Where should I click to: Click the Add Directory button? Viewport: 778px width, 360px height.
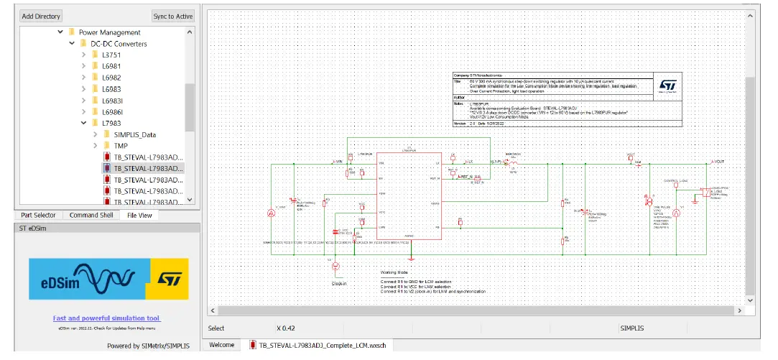[41, 16]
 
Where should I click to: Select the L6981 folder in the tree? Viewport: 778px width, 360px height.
[111, 66]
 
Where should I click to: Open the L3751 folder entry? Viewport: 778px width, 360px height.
[111, 55]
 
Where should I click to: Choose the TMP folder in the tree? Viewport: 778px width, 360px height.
[121, 146]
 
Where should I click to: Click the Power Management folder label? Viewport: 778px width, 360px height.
[109, 32]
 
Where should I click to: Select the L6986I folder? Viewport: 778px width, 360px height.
[112, 112]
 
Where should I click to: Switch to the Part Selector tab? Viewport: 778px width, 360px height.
[38, 215]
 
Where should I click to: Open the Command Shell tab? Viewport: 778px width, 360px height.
[91, 215]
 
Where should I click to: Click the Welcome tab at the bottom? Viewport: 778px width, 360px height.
[221, 345]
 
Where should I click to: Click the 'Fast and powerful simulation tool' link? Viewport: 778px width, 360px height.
[106, 318]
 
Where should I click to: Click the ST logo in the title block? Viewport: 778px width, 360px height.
[667, 86]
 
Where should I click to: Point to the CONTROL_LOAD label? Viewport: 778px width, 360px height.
[676, 180]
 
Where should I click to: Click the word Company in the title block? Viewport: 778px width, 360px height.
[461, 75]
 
